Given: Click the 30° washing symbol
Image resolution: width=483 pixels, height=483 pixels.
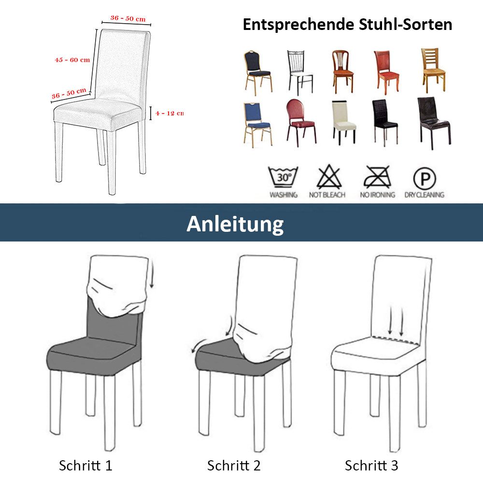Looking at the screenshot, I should (284, 177).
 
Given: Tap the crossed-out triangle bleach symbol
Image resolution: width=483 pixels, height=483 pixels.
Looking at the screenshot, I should (329, 177).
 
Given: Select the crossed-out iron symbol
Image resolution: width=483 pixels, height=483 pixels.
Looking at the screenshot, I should (377, 177).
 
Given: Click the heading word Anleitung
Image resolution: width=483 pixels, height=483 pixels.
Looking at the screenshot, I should (235, 224).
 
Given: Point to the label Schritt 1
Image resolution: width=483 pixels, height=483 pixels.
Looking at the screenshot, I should (85, 466).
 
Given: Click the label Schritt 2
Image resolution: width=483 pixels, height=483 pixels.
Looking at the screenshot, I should (234, 466).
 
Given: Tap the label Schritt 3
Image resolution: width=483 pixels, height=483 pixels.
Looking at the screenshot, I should (371, 466).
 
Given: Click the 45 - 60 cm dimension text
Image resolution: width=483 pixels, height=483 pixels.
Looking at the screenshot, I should (72, 60).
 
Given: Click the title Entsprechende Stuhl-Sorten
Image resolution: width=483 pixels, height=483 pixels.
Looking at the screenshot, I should (347, 25).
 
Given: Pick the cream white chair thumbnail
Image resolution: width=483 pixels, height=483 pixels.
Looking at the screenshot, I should (344, 122).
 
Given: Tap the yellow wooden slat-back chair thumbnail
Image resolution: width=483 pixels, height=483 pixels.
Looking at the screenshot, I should (432, 70).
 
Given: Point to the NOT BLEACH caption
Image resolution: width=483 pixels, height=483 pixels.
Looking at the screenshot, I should (327, 195).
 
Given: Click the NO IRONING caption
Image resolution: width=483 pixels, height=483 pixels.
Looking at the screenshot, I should (377, 195).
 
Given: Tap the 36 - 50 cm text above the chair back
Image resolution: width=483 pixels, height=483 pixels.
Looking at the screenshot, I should (128, 19).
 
